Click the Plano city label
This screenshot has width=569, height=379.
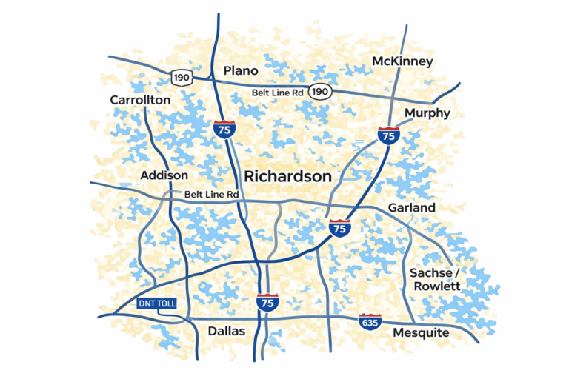click(x=241, y=71)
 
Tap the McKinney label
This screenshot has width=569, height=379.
click(x=402, y=61)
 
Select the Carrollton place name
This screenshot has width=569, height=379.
click(x=140, y=100)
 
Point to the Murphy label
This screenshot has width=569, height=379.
click(x=427, y=113)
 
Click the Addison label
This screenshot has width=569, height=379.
click(x=164, y=175)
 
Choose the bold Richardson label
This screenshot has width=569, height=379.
click(x=287, y=176)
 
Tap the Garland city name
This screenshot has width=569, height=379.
click(x=413, y=208)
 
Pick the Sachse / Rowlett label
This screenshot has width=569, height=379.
click(x=435, y=279)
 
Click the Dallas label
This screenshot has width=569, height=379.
click(x=226, y=331)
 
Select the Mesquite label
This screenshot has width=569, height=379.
click(x=421, y=332)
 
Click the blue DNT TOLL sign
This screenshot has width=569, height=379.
click(x=158, y=304)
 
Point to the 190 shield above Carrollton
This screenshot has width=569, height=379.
click(x=181, y=77)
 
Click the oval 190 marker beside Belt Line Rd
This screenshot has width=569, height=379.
click(x=320, y=91)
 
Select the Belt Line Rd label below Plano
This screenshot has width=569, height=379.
click(x=278, y=92)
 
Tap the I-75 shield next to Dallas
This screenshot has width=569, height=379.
click(x=267, y=302)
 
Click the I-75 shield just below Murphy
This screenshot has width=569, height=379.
click(x=388, y=135)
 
